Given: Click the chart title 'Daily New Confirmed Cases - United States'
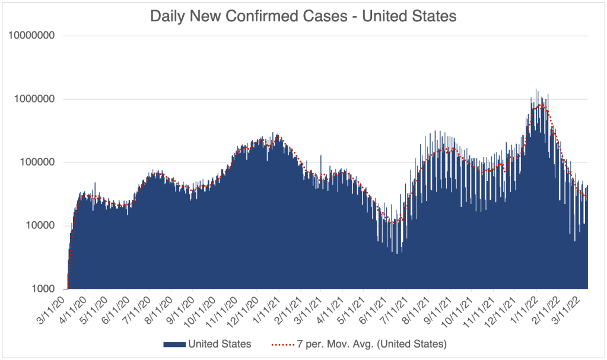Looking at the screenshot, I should [303, 16].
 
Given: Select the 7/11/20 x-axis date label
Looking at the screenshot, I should [138, 310].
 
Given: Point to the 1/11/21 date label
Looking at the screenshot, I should [266, 310].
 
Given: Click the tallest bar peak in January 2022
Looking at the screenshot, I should [536, 91].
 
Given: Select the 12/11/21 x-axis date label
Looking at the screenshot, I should [500, 310].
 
